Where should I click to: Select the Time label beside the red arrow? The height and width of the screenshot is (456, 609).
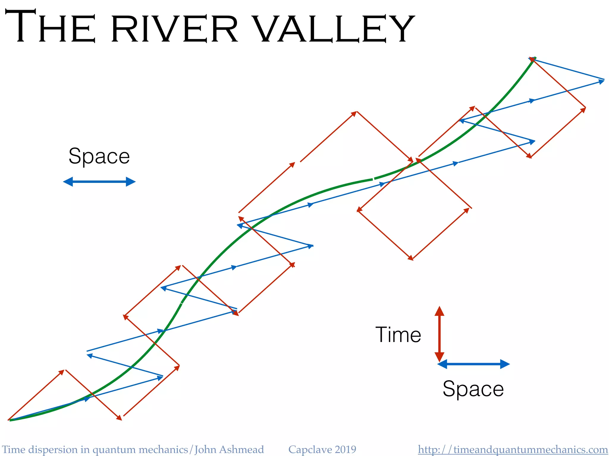pyautogui.click(x=398, y=335)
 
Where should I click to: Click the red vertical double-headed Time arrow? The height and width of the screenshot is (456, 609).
pyautogui.click(x=440, y=334)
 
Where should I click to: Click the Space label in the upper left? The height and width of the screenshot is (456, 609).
pyautogui.click(x=99, y=156)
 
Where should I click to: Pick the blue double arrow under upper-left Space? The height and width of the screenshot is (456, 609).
pyautogui.click(x=99, y=182)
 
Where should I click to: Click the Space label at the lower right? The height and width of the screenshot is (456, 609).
pyautogui.click(x=473, y=389)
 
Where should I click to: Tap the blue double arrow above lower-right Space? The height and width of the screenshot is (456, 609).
pyautogui.click(x=474, y=364)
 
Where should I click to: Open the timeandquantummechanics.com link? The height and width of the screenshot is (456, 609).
pyautogui.click(x=513, y=449)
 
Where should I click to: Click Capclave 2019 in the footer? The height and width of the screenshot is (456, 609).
pyautogui.click(x=322, y=449)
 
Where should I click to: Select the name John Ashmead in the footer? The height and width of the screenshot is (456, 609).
pyautogui.click(x=229, y=449)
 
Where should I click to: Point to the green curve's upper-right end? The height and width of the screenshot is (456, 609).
pyautogui.click(x=535, y=58)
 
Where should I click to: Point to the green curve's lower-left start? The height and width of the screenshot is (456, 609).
pyautogui.click(x=10, y=420)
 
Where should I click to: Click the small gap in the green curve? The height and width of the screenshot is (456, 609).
pyautogui.click(x=373, y=179)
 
